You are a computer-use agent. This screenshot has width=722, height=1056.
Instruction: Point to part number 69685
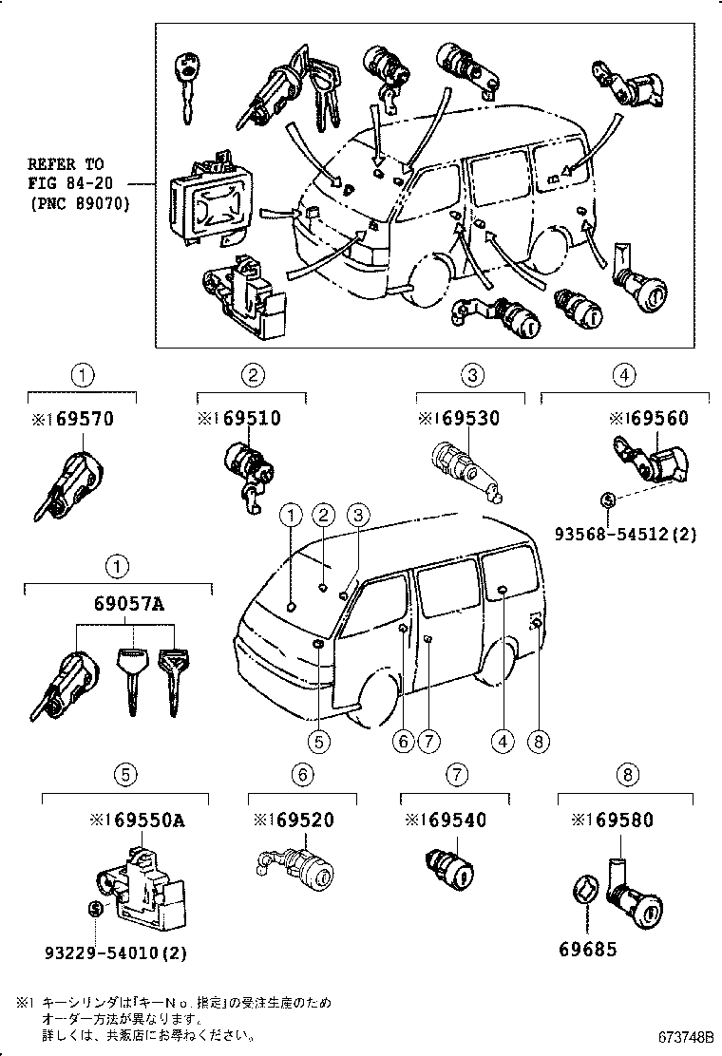[x=587, y=948]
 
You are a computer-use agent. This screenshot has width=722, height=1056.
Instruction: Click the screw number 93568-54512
[x=625, y=534]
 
